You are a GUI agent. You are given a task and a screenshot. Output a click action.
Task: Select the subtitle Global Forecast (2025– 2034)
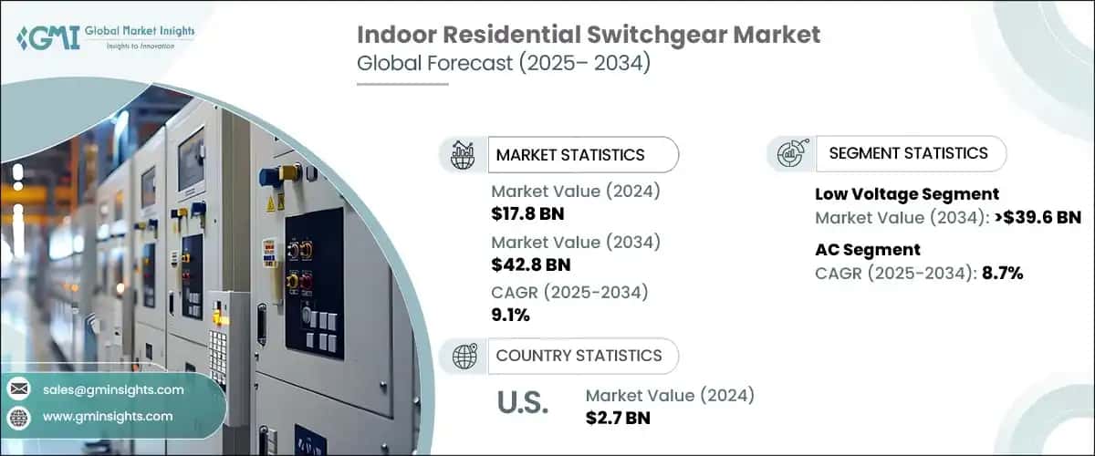tap(503, 66)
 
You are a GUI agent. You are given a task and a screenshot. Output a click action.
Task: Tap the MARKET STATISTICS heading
tap(570, 154)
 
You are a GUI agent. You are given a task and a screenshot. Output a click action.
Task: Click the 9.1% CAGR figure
tap(510, 316)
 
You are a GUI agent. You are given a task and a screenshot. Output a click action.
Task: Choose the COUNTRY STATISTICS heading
tap(579, 356)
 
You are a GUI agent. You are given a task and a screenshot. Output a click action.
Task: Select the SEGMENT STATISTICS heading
tap(908, 153)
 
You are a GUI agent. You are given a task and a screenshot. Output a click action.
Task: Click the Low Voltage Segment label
tap(906, 193)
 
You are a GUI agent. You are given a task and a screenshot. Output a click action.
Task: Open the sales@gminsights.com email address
tap(113, 389)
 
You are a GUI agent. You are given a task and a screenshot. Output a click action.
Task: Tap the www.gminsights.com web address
tap(108, 416)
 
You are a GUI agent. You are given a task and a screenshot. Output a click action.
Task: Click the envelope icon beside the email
tap(18, 389)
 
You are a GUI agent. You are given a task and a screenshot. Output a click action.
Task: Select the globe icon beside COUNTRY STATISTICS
tap(465, 356)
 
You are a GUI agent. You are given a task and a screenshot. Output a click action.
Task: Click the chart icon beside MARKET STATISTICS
tap(464, 154)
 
